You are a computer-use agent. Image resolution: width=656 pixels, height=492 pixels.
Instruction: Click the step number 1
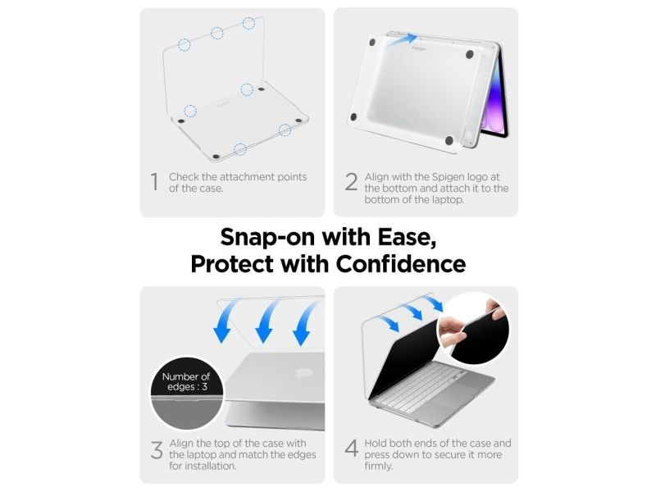point(155,182)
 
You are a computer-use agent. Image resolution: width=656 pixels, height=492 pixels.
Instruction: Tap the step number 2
point(352,182)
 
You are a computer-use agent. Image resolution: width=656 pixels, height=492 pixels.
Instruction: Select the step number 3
point(157,449)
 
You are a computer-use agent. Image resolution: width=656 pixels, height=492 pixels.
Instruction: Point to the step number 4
point(352,449)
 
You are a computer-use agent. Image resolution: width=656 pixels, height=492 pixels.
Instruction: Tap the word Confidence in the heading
point(401,264)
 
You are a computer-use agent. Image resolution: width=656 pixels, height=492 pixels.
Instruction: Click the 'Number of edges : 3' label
point(186,381)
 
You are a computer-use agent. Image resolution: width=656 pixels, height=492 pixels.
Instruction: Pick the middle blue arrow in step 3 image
point(266,322)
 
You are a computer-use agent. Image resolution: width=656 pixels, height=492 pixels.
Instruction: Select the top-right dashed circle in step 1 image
point(248,23)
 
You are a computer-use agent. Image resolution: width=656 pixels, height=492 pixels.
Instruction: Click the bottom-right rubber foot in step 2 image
point(449,140)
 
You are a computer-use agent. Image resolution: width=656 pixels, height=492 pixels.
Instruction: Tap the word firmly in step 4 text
point(378,466)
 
